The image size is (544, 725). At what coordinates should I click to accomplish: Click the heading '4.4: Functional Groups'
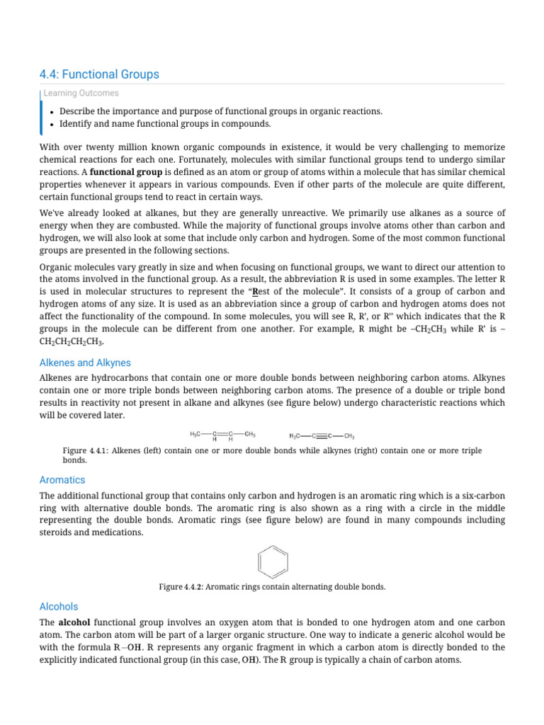coord(99,74)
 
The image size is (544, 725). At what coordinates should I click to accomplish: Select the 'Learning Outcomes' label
coord(81,93)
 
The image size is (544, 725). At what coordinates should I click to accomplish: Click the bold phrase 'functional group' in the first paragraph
coord(126,172)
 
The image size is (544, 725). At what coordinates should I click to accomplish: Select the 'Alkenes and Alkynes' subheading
coord(85,362)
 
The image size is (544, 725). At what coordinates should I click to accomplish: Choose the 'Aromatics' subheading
coord(62,480)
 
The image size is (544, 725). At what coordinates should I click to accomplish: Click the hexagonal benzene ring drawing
coord(272,562)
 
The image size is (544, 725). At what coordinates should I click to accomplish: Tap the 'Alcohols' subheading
coord(59,607)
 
